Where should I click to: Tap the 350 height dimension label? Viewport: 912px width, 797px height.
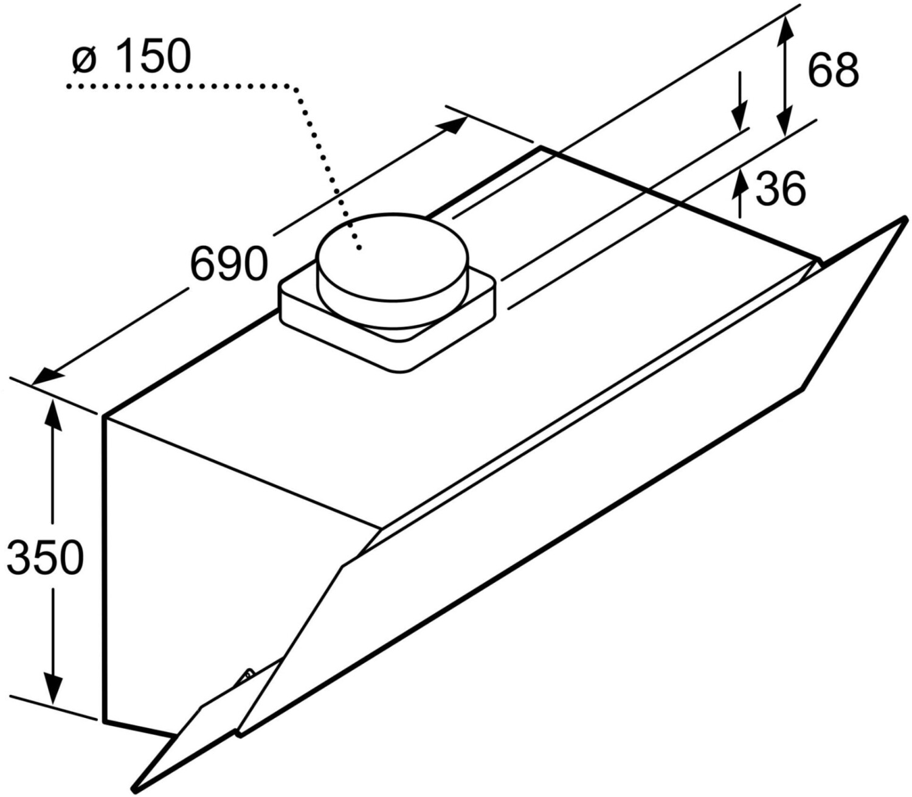[44, 557]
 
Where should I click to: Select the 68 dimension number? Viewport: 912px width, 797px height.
[832, 70]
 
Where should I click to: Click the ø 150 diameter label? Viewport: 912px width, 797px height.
[131, 56]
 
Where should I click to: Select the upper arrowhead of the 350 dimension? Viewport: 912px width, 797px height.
[53, 412]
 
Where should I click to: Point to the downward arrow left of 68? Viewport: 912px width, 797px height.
[739, 113]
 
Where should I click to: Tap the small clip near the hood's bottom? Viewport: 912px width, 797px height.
[248, 676]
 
